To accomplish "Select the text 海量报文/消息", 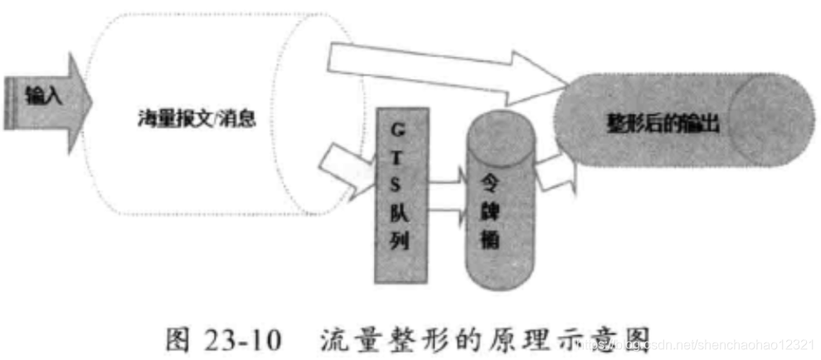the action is (x=197, y=119).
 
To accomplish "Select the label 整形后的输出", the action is (x=658, y=127).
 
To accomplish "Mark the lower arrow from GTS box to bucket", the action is (x=447, y=216).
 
